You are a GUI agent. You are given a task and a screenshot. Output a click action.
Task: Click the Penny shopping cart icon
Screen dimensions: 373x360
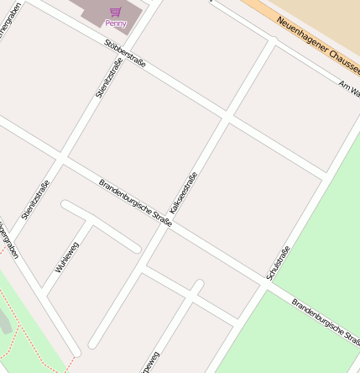(x=115, y=12)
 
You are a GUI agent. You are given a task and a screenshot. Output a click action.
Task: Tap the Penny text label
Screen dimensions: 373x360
(x=115, y=24)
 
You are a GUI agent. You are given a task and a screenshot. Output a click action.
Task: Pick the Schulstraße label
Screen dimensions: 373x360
(x=277, y=263)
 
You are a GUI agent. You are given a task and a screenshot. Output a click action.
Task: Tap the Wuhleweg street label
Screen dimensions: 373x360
(x=66, y=256)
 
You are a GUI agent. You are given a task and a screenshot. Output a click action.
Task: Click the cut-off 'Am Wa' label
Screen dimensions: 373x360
(x=348, y=87)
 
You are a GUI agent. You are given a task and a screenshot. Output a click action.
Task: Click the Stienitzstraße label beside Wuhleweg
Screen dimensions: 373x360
(x=35, y=200)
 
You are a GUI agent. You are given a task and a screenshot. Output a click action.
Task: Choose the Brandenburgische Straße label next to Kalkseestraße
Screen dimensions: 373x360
(x=135, y=202)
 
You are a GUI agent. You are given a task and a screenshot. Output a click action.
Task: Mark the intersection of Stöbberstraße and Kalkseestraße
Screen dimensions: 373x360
(x=227, y=115)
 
